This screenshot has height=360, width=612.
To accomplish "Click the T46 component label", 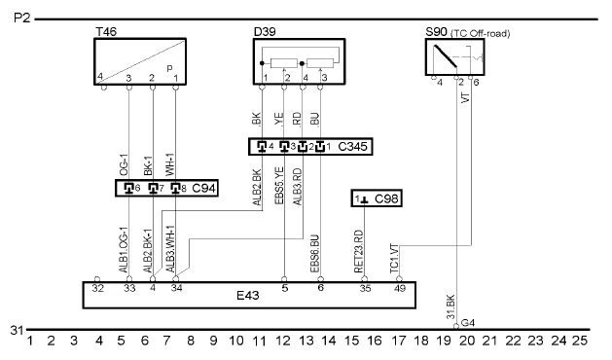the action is tap(106, 32).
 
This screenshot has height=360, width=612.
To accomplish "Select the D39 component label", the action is tap(265, 32).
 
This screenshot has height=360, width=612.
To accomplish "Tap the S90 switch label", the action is tap(436, 32).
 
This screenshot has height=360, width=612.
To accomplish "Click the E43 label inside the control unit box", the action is tap(248, 295).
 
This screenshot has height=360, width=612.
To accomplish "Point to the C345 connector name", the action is tap(352, 147).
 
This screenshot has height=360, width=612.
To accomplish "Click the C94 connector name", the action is tap(203, 189).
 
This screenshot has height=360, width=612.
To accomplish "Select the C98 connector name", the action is tap(386, 198).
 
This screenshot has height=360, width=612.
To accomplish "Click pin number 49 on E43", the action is tap(400, 289).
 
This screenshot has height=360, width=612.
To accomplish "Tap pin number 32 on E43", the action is tap(98, 289).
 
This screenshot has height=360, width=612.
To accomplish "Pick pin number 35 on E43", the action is tap(365, 289).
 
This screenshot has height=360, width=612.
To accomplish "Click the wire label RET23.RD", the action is tap(358, 252).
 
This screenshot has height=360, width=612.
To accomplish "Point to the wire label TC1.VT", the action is tap(394, 259).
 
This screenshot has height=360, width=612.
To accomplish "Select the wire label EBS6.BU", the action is tap(314, 253).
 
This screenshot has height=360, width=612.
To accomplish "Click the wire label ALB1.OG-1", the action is tap(124, 250).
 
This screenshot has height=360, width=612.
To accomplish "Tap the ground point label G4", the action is tap(468, 323).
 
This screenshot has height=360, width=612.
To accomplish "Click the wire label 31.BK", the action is tap(450, 306).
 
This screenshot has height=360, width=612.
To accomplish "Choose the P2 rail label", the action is tap(21, 18).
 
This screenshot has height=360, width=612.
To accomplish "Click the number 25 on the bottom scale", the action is tap(580, 341).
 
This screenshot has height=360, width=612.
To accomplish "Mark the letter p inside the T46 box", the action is tap(169, 68).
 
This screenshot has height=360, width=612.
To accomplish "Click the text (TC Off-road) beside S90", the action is tap(480, 34).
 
